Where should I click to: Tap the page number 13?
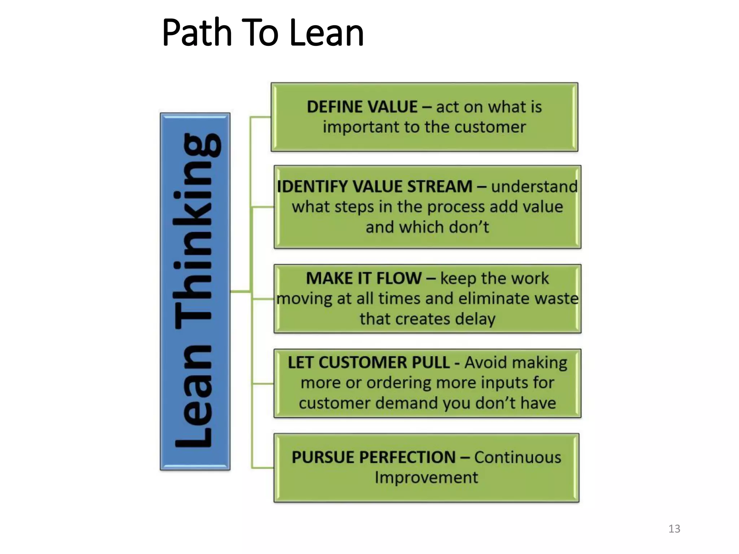(674, 529)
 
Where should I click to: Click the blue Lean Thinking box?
(195, 291)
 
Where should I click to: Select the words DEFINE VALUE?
(362, 107)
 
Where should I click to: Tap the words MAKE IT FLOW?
(363, 278)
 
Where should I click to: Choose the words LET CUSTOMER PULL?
(368, 363)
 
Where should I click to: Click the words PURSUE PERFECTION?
(373, 457)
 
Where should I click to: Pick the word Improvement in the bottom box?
(426, 478)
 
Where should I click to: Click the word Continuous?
(517, 457)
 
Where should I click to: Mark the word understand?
(534, 187)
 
